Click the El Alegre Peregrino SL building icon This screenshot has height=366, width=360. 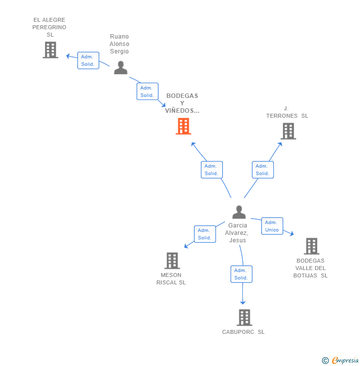[x=50, y=50]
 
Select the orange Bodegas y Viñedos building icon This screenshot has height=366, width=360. [x=183, y=126]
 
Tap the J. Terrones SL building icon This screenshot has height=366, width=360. [x=288, y=131]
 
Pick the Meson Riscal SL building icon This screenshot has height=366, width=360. [x=172, y=261]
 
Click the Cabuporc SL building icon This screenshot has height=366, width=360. [x=244, y=318]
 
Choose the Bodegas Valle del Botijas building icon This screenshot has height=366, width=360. [x=311, y=246]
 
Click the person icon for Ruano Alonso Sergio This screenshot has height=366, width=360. [x=121, y=68]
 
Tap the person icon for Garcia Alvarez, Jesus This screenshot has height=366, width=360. [x=239, y=212]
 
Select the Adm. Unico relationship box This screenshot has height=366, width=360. [x=272, y=226]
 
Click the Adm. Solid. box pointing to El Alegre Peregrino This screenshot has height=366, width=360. [x=88, y=60]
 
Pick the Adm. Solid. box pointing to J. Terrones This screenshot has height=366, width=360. [x=263, y=170]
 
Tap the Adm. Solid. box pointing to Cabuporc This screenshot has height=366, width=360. [x=241, y=274]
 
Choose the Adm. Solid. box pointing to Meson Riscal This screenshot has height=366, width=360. [x=205, y=234]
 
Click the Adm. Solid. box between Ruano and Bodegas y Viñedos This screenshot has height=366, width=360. [x=147, y=91]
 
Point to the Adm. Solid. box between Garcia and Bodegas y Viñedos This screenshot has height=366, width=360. [x=212, y=170]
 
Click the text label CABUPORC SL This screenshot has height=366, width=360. [x=243, y=332]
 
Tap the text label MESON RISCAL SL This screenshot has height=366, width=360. [x=171, y=278]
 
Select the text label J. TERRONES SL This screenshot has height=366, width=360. [x=287, y=112]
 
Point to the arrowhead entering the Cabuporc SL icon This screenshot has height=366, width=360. [x=243, y=302]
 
